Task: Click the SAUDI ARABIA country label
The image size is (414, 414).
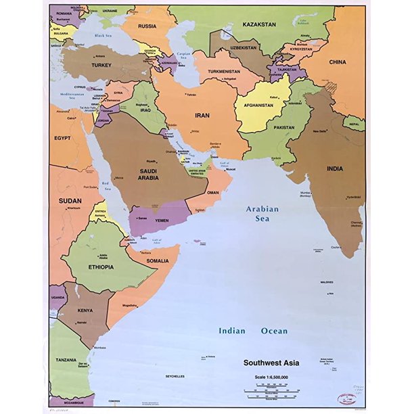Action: coord(148,173)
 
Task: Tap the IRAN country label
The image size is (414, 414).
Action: coord(203,116)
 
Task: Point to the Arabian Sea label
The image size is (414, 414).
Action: coord(262,214)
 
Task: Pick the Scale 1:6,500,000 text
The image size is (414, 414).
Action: coord(277,377)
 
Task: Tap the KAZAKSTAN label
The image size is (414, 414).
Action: coord(260,24)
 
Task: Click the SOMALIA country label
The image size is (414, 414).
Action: coord(158,260)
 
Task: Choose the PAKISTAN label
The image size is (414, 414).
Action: coord(285,127)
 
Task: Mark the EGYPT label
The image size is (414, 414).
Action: coord(62,137)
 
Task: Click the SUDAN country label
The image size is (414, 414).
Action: coord(70,201)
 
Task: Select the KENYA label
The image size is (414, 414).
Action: coord(85,310)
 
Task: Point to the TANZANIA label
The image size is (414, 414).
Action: coord(66,360)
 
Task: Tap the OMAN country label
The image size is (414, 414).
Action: coord(212,192)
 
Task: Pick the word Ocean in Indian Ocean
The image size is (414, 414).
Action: coord(274,331)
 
